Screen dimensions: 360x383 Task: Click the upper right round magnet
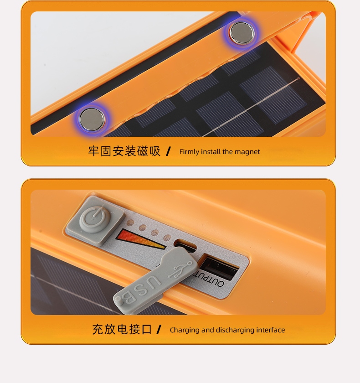242,33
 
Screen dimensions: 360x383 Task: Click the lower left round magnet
92,119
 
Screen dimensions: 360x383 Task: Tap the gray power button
96,221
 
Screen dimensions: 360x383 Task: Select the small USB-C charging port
185,244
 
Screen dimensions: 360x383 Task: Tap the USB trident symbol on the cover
180,269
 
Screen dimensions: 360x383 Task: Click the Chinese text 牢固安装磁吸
124,151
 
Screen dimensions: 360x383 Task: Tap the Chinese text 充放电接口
122,329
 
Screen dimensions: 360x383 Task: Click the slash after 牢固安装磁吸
168,151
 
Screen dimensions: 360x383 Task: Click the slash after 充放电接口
159,330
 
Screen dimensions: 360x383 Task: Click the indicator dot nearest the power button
130,223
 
